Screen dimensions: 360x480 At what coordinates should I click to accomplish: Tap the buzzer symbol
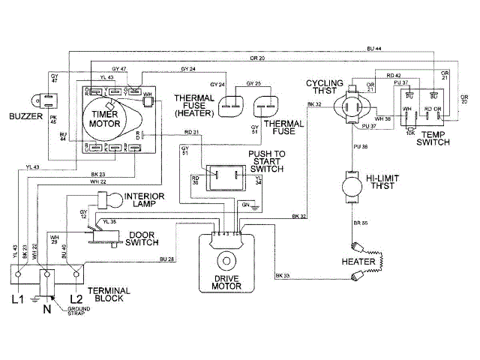[43, 97]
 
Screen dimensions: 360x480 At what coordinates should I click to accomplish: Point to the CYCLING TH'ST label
[324, 87]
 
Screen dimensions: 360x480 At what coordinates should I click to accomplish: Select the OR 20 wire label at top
[256, 58]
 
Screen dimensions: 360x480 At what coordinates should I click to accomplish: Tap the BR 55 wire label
[360, 223]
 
